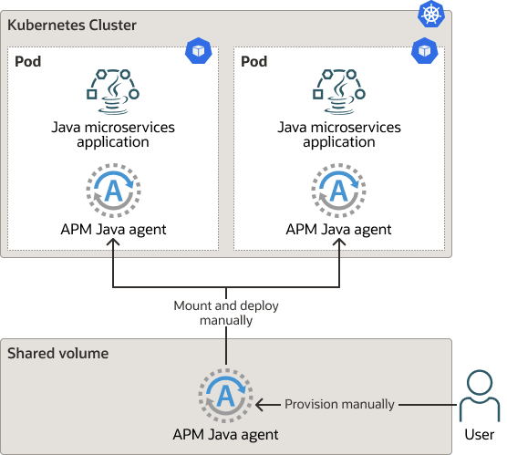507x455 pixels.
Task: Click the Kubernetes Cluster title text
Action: point(72,25)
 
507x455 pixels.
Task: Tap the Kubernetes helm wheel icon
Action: point(429,14)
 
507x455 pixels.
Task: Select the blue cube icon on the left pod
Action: point(198,51)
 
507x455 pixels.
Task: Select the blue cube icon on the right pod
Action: point(424,51)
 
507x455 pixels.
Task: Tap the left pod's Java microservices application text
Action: point(113,134)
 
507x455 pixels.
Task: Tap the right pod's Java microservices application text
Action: point(339,134)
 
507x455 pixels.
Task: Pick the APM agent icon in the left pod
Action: point(113,191)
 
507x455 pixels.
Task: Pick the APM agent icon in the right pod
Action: point(339,191)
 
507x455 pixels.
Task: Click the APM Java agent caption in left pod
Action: point(113,229)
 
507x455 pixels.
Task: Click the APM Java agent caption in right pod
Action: point(339,229)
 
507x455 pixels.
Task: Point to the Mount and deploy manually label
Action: point(226,313)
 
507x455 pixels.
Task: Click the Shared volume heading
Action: point(58,353)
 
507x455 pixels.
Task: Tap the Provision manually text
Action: point(340,404)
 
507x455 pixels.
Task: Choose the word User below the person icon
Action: point(479,435)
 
